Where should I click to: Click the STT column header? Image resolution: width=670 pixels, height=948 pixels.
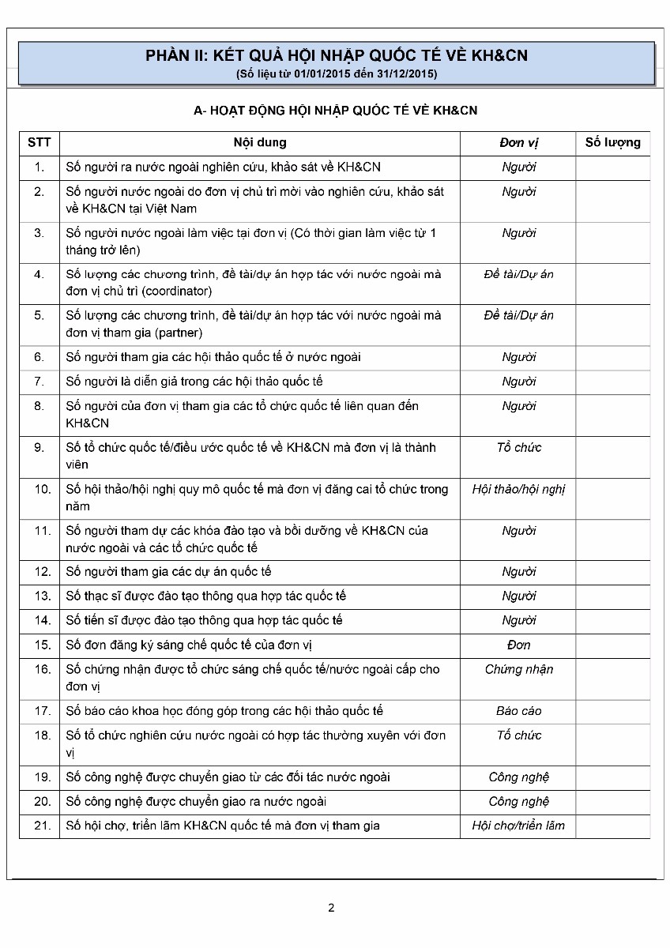tap(39, 142)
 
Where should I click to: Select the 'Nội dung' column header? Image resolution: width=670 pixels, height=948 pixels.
tap(260, 142)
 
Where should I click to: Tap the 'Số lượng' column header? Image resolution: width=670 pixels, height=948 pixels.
tap(612, 142)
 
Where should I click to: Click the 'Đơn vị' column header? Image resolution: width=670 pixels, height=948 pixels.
tap(518, 143)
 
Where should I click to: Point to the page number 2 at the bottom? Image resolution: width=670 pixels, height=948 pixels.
tap(331, 908)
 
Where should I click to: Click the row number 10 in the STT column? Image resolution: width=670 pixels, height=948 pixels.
tap(42, 489)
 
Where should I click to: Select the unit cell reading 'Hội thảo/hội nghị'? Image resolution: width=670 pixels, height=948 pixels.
tap(518, 489)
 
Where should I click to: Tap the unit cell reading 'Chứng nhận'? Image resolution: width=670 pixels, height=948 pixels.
tap(518, 669)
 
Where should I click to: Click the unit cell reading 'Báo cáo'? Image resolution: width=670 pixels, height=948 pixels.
tap(518, 711)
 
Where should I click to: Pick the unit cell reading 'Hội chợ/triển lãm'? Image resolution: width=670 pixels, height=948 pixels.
tap(518, 826)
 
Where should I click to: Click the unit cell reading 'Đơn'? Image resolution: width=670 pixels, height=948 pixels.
tap(518, 645)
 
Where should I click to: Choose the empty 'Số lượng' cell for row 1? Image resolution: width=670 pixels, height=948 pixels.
tap(612, 167)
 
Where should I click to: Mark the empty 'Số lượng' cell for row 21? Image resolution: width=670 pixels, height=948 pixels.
tap(612, 826)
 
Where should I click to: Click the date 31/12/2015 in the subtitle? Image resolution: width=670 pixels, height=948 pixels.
tap(404, 73)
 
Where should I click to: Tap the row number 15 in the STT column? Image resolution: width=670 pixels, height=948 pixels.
tap(42, 645)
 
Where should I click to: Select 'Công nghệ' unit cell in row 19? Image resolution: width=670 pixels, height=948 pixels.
tap(518, 777)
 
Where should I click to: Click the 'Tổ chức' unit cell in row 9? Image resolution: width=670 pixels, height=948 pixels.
tap(518, 447)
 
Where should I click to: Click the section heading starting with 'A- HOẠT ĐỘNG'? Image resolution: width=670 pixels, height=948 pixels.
tap(335, 111)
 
